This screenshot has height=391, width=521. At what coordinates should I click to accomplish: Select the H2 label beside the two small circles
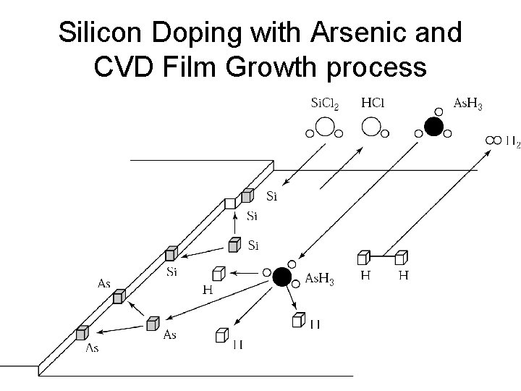click(512, 140)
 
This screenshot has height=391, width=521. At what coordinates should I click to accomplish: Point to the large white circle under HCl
click(372, 128)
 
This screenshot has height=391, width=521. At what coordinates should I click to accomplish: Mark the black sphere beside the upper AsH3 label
click(433, 127)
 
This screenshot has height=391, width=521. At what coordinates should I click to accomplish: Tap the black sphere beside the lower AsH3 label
click(282, 277)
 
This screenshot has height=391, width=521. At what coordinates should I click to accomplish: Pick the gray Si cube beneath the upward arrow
click(234, 245)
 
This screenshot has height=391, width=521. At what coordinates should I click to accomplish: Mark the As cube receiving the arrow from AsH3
click(153, 323)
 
